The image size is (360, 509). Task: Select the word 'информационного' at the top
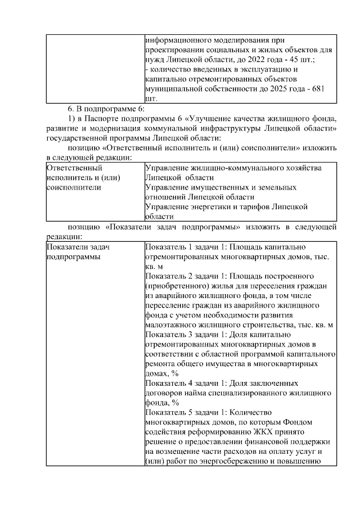pyautogui.click(x=178, y=39)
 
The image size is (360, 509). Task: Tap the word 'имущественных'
pyautogui.click(x=220, y=187)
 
